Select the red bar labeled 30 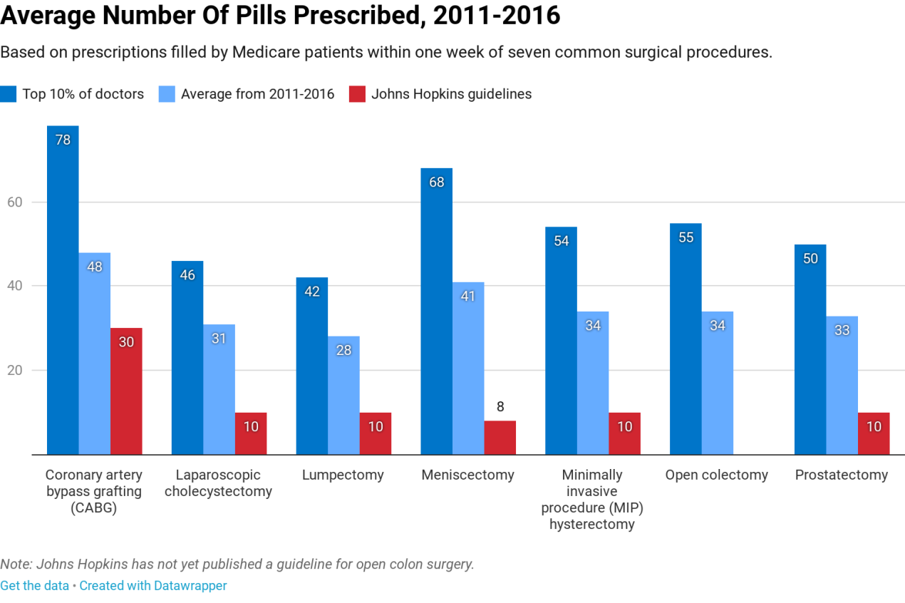126,391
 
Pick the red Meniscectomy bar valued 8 500,438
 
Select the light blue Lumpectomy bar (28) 343,396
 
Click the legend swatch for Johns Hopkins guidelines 357,94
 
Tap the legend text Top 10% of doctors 83,94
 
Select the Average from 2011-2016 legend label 257,94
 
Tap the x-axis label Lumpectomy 343,475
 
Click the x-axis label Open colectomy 716,475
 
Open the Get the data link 34,586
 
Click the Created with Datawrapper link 152,586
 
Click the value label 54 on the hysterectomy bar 562,241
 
